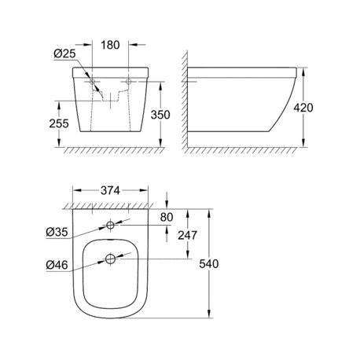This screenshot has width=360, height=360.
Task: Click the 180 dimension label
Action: pos(110,45)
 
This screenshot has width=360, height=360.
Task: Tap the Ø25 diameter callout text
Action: pos(64,53)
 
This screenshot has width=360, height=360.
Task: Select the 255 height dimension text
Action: pos(59,123)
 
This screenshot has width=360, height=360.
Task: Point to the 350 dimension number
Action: pos(160,115)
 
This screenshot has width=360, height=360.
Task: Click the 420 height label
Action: pos(303,108)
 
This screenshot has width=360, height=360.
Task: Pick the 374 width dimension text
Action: pos(110,190)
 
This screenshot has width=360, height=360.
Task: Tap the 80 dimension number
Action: pos(167,217)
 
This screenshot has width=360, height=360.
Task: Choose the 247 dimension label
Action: pos(187,235)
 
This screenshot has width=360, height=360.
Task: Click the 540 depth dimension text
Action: pos(209,264)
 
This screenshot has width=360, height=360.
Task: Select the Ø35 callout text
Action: pos(57,232)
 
